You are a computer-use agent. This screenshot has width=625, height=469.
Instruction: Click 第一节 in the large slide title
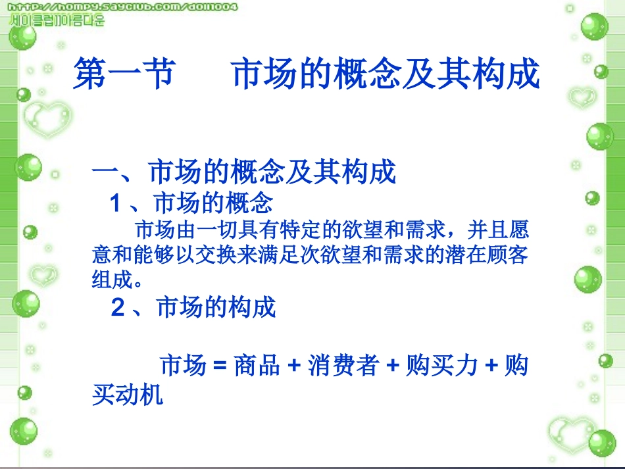(124, 73)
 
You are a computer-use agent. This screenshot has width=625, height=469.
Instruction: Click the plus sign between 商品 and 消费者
(294, 366)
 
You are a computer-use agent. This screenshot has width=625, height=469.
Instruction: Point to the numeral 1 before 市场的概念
(116, 203)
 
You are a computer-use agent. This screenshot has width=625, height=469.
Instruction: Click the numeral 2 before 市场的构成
(118, 307)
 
